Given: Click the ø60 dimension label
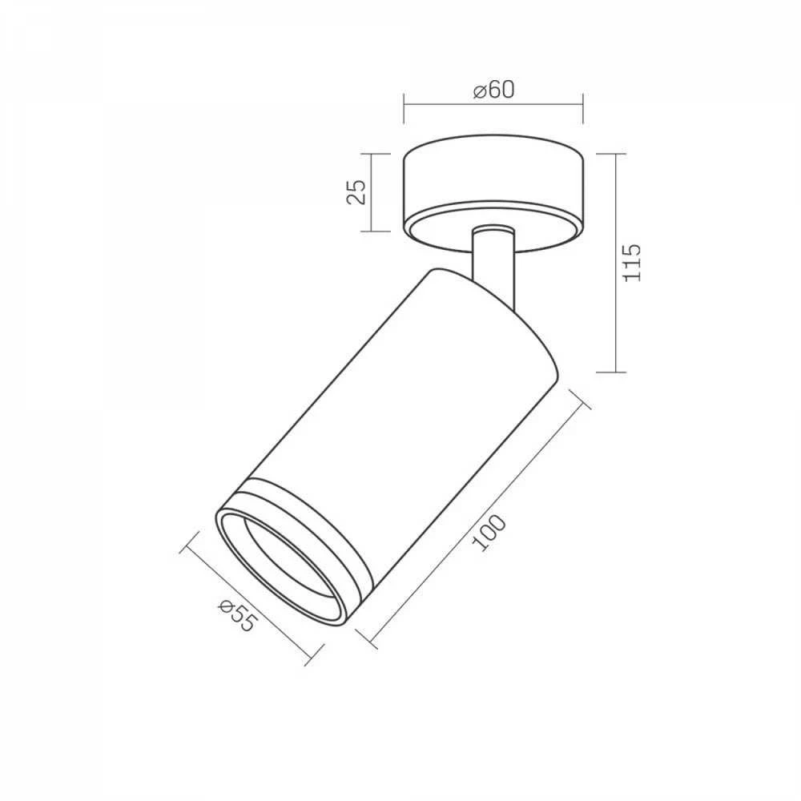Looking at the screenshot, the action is coord(494,90).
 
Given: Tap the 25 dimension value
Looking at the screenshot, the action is coord(356,192).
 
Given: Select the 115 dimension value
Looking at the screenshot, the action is coord(632,263).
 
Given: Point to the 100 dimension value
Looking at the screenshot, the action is coord(489,533).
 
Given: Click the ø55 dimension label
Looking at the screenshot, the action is coord(236,615).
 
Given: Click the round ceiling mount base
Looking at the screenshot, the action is coord(493,194).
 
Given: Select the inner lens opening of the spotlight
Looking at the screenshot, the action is coord(291,564).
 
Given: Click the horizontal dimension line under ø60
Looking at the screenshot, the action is coord(493,105).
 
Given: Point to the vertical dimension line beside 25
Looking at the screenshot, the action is coord(372,192).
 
